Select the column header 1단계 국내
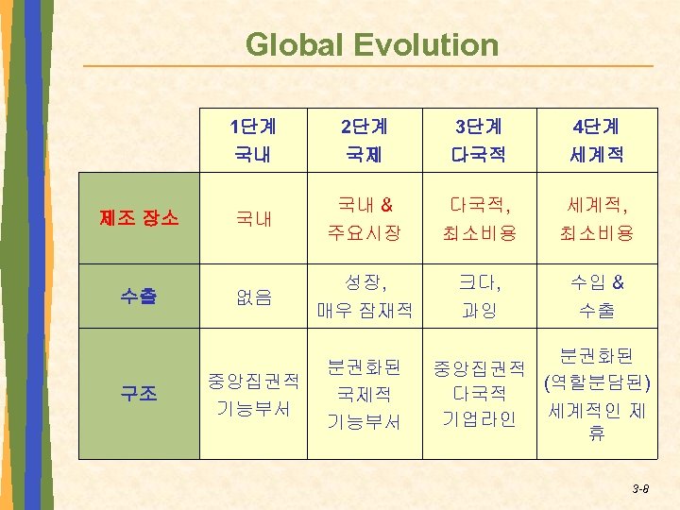[x=253, y=139]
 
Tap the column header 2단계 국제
[x=365, y=139]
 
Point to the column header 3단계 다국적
[x=479, y=139]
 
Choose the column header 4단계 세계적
[x=596, y=139]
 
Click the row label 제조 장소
[x=139, y=218]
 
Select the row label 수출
[x=139, y=296]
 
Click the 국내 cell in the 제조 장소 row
[x=253, y=219]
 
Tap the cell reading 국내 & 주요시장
[x=365, y=218]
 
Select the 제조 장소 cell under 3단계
[x=479, y=218]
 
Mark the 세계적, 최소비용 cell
[x=596, y=218]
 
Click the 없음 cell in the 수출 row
[x=253, y=297]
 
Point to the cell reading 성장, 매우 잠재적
[x=365, y=296]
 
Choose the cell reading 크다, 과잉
[x=479, y=296]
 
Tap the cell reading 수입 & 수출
[x=596, y=296]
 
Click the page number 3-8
[x=639, y=488]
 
